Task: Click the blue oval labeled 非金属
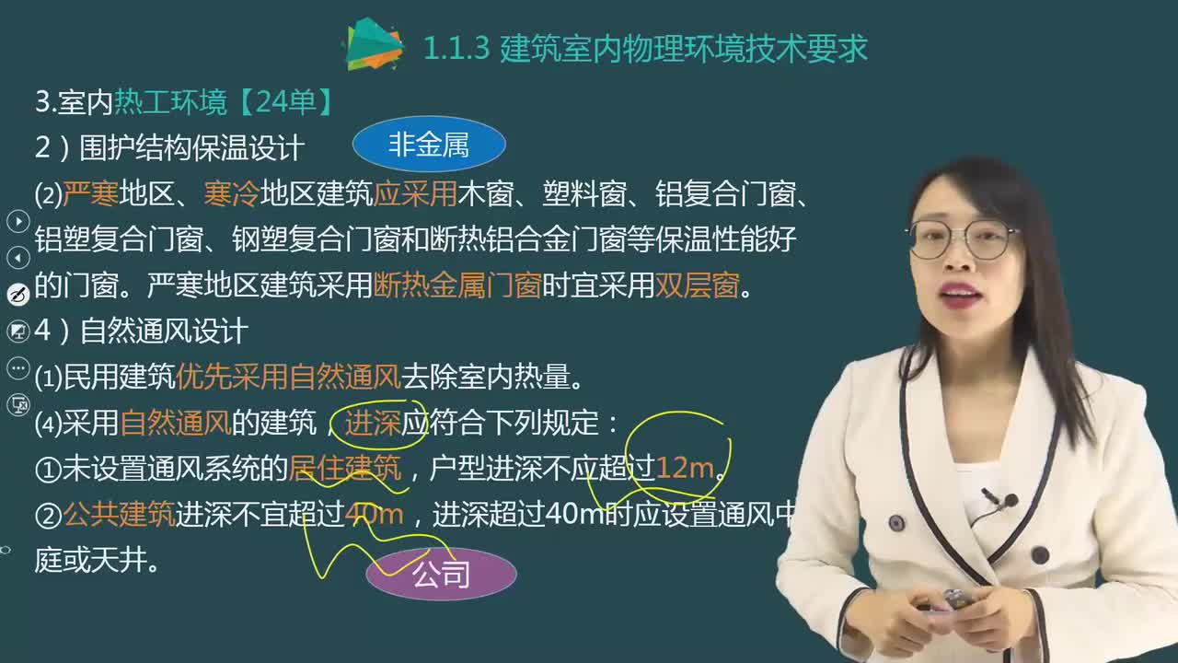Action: [x=429, y=145]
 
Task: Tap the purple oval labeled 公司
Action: [x=442, y=574]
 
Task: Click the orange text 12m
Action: [x=685, y=469]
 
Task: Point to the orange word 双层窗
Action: [x=697, y=286]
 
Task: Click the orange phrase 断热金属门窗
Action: [x=457, y=286]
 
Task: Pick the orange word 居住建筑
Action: [x=345, y=469]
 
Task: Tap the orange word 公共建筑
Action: [x=119, y=515]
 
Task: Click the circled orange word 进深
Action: [x=372, y=423]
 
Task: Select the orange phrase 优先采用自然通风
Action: [x=288, y=377]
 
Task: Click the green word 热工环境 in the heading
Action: [x=170, y=101]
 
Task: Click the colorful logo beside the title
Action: [x=374, y=44]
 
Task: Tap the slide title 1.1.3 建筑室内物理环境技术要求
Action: [x=645, y=49]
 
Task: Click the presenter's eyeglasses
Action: [x=962, y=239]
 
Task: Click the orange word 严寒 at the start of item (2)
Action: [x=90, y=194]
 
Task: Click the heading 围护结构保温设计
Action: [x=191, y=147]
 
